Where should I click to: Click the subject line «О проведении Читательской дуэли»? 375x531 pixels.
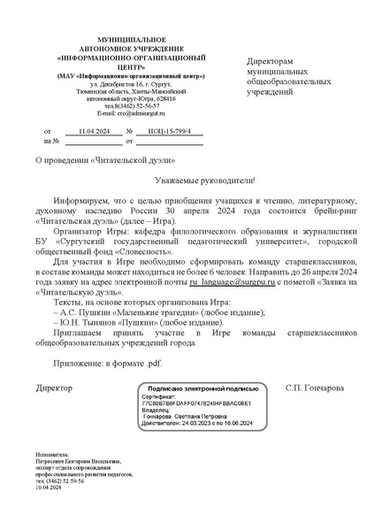point(92,160)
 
